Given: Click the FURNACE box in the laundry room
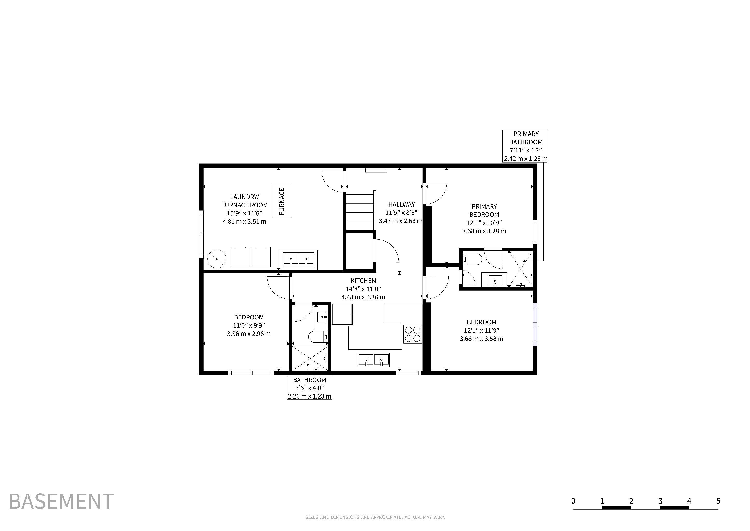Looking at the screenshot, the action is [x=282, y=201].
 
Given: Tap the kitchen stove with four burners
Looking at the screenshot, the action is [x=413, y=334].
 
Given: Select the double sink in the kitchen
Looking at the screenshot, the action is [x=374, y=360].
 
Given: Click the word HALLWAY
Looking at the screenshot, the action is [x=401, y=204].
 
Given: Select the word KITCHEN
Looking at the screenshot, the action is [x=363, y=281].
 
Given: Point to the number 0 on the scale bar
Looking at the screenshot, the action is [x=573, y=501].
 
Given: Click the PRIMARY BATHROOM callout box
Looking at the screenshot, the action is [x=525, y=146].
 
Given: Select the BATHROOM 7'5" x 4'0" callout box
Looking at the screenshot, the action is [x=310, y=388].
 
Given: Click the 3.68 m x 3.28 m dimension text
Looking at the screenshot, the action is [x=484, y=231].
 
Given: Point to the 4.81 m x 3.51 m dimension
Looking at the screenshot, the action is [x=244, y=222].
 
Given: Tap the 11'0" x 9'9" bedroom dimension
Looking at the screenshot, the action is [x=249, y=325].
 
